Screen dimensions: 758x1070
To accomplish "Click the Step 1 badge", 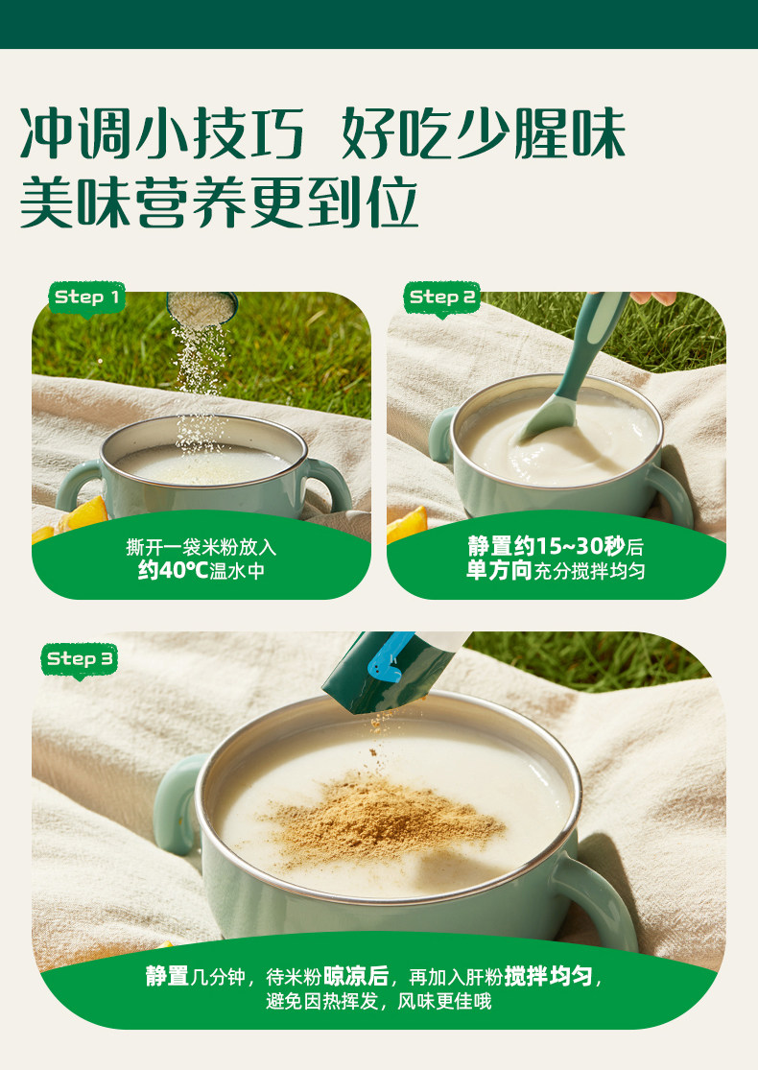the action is pyautogui.click(x=86, y=298).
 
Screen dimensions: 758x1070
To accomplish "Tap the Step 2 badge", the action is pyautogui.click(x=442, y=298).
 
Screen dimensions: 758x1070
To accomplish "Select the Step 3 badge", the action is pyautogui.click(x=79, y=660).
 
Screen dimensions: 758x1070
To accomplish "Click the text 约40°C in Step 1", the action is pyautogui.click(x=173, y=570).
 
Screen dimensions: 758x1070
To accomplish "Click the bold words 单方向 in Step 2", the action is pyautogui.click(x=499, y=570).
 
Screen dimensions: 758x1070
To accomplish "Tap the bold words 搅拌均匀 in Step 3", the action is pyautogui.click(x=548, y=977).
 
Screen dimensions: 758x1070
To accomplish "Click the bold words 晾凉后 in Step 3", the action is pyautogui.click(x=355, y=977).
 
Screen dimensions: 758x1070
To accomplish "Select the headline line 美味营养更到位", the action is pyautogui.click(x=219, y=202).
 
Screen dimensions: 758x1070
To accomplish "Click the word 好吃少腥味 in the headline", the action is pyautogui.click(x=483, y=133).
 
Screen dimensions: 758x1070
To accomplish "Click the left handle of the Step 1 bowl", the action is pyautogui.click(x=77, y=486).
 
